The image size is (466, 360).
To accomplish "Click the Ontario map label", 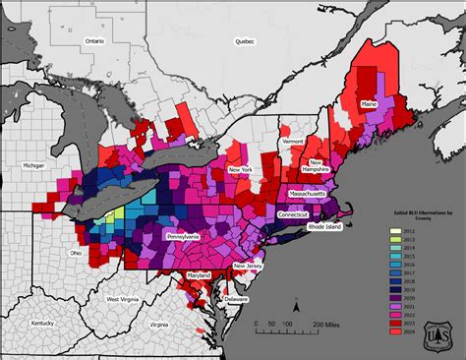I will (x=94, y=41).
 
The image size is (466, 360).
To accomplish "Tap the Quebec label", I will (x=245, y=41).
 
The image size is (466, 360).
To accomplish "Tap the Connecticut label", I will (x=292, y=213).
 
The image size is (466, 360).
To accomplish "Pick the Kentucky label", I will (x=42, y=323).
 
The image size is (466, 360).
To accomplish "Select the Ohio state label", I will (x=74, y=252).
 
